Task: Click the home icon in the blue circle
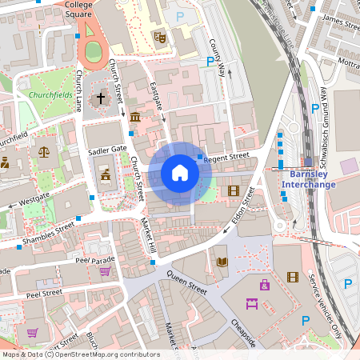[x=179, y=172]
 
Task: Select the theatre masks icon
[x=160, y=36]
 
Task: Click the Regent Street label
[x=227, y=158]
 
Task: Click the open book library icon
[x=222, y=261]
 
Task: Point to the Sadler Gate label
[x=108, y=150]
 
